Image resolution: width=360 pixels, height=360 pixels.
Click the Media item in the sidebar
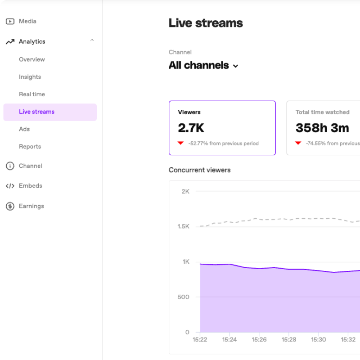pos(27,21)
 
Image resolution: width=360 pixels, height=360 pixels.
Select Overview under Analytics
pos(32,59)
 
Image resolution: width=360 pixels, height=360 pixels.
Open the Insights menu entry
pos(30,77)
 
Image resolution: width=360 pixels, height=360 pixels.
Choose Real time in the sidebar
pos(32,94)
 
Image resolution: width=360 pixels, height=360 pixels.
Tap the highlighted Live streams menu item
pos(37,112)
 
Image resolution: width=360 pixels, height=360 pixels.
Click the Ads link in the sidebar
pos(24,129)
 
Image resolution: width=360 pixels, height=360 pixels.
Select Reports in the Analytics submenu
pos(30,147)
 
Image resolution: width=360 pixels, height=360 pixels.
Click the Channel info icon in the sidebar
pos(10,166)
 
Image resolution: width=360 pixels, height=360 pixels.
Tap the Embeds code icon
pos(10,186)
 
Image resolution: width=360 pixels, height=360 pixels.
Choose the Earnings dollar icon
pos(10,206)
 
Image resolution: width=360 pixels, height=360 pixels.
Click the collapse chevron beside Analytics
pos(92,41)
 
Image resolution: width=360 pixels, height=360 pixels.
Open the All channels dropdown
pos(203,66)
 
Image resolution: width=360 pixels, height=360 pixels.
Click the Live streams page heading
pos(206,23)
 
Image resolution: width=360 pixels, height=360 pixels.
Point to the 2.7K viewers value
pos(191,128)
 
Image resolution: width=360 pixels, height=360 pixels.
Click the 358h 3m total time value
pos(322,128)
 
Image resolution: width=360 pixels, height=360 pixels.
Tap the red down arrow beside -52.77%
pos(180,143)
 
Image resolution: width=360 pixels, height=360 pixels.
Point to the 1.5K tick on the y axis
pos(183,226)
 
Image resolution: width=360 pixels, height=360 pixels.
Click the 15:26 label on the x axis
pos(259,339)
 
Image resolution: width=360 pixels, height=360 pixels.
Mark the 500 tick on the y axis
pos(183,297)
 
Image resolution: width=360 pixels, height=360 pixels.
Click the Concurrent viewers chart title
pos(199,170)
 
